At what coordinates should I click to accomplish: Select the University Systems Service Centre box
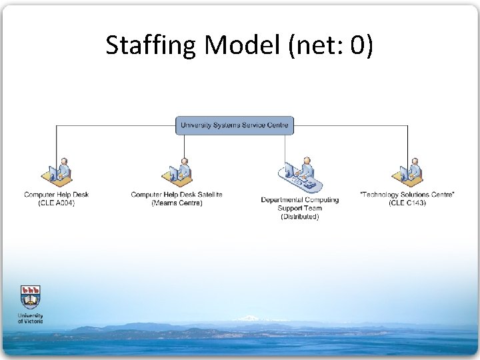(x=235, y=125)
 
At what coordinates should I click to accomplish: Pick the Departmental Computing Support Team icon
(x=300, y=176)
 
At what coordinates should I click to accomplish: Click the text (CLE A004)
(x=56, y=203)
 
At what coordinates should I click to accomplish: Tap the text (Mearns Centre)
(x=177, y=203)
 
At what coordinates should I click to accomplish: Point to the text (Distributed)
(x=300, y=217)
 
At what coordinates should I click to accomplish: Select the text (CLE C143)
(x=407, y=203)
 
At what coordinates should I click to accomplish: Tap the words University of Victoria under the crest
(x=30, y=318)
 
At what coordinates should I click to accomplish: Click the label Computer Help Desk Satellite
(x=177, y=195)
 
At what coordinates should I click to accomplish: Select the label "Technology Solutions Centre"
(x=407, y=195)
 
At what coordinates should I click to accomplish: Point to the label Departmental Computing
(x=300, y=200)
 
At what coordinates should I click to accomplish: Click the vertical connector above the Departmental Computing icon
(x=285, y=147)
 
